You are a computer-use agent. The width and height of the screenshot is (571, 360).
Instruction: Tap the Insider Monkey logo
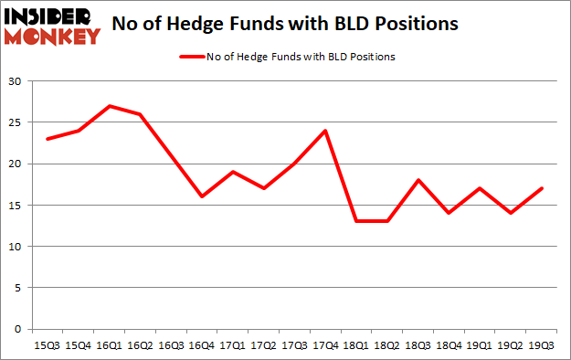tap(51, 25)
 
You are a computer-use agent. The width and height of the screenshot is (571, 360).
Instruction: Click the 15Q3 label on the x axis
tap(48, 345)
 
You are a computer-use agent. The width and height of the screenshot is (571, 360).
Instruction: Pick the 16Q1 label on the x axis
tap(111, 345)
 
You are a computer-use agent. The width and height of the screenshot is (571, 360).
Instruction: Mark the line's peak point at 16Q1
tap(111, 106)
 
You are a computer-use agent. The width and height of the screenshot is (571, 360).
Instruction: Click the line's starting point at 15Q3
tap(48, 139)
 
